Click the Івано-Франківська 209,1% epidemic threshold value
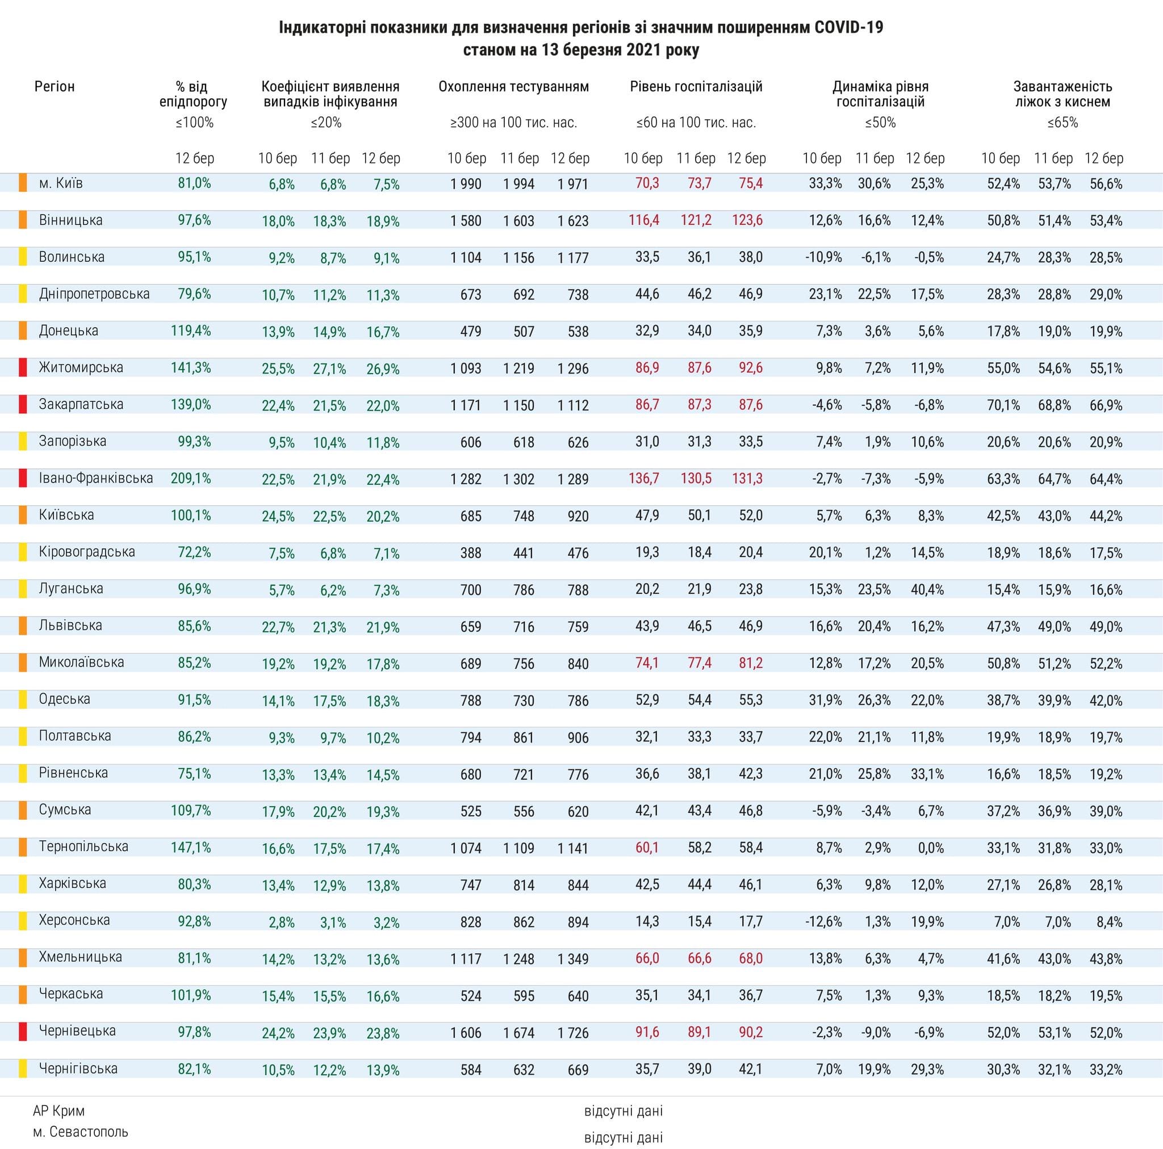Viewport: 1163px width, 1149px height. pyautogui.click(x=191, y=479)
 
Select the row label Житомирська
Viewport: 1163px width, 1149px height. pyautogui.click(x=81, y=367)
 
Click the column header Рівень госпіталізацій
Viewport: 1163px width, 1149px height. pyautogui.click(x=696, y=87)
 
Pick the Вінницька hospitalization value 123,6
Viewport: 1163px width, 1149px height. pyautogui.click(x=747, y=220)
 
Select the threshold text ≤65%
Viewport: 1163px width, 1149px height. pyautogui.click(x=1062, y=123)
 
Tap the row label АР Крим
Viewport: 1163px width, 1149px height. pyautogui.click(x=59, y=1110)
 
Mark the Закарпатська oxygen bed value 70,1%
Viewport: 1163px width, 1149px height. pyautogui.click(x=1003, y=405)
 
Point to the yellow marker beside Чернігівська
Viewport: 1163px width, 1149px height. pyautogui.click(x=23, y=1069)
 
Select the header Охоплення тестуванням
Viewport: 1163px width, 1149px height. pyautogui.click(x=513, y=87)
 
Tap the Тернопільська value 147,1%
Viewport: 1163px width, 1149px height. pyautogui.click(x=191, y=847)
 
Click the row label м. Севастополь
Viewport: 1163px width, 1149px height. pyautogui.click(x=81, y=1132)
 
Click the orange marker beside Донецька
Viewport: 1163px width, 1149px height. pyautogui.click(x=23, y=330)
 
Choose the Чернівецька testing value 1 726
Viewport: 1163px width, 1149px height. pyautogui.click(x=572, y=1033)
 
